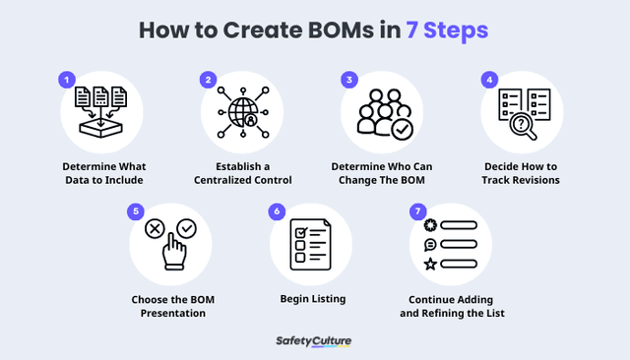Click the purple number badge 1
click(68, 78)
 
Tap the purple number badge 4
click(487, 78)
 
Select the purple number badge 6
click(278, 211)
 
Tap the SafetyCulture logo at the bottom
click(314, 341)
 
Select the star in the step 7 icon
click(429, 264)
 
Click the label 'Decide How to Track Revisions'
click(521, 173)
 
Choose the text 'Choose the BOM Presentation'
click(169, 306)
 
